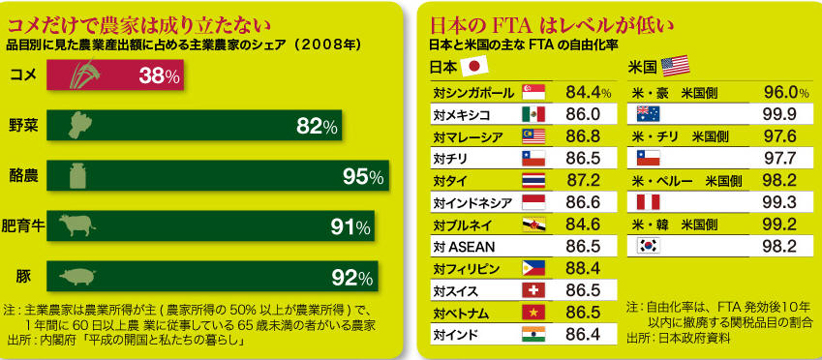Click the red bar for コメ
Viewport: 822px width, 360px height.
[115, 75]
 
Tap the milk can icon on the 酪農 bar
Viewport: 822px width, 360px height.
[77, 175]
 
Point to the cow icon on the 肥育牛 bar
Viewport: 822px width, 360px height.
[77, 225]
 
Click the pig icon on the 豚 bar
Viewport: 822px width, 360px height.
[77, 276]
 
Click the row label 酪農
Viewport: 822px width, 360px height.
[23, 175]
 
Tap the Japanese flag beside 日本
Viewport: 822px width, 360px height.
[473, 66]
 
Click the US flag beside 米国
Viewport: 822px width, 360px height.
[675, 66]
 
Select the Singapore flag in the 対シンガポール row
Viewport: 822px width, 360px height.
[533, 92]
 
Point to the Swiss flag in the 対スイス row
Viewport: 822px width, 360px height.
[533, 290]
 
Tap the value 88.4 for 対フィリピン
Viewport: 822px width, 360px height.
[584, 268]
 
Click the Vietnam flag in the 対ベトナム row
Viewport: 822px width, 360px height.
[533, 313]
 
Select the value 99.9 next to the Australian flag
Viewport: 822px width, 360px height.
[780, 114]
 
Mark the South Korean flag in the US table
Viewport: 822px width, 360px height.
[648, 246]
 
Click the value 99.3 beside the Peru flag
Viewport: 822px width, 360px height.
[780, 201]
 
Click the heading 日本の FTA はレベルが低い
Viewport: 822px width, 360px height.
[552, 24]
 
